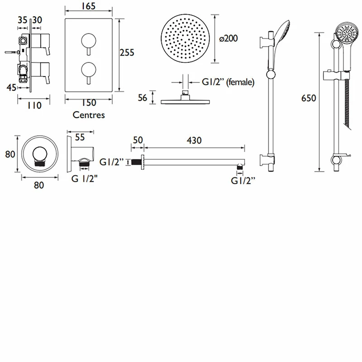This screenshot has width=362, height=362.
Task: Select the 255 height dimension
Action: point(127,53)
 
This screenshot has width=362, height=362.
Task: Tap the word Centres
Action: point(89,115)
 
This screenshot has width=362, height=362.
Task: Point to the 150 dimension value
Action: point(89,103)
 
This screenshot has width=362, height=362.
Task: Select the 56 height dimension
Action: point(143,97)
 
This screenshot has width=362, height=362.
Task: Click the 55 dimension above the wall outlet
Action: point(80,137)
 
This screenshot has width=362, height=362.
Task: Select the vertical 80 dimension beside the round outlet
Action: point(10,154)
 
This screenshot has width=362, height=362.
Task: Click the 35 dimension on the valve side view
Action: point(22,19)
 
